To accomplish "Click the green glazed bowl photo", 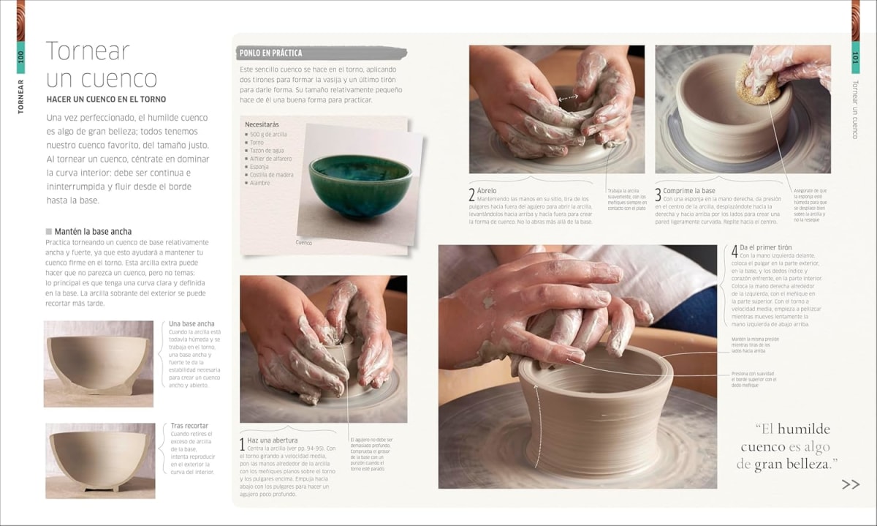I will [x=360, y=186].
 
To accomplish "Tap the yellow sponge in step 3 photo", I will [x=759, y=82].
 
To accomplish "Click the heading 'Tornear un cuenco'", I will [x=101, y=64].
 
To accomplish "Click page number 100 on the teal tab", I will [x=20, y=56].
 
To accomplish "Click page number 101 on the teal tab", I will [x=855, y=56].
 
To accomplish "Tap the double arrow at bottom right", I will [x=850, y=484].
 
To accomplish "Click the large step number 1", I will [x=243, y=444].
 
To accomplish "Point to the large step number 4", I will [x=734, y=251].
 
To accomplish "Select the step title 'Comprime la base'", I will [x=689, y=190].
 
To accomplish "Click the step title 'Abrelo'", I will [x=487, y=190].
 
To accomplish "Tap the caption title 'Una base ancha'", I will [x=191, y=323].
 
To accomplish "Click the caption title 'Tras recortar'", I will [x=189, y=426].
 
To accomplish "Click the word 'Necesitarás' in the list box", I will [x=262, y=124].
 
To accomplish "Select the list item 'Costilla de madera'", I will [x=271, y=175].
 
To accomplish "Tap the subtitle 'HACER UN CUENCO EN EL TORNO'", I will [x=106, y=99].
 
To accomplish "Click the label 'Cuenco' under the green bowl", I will [x=303, y=242].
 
